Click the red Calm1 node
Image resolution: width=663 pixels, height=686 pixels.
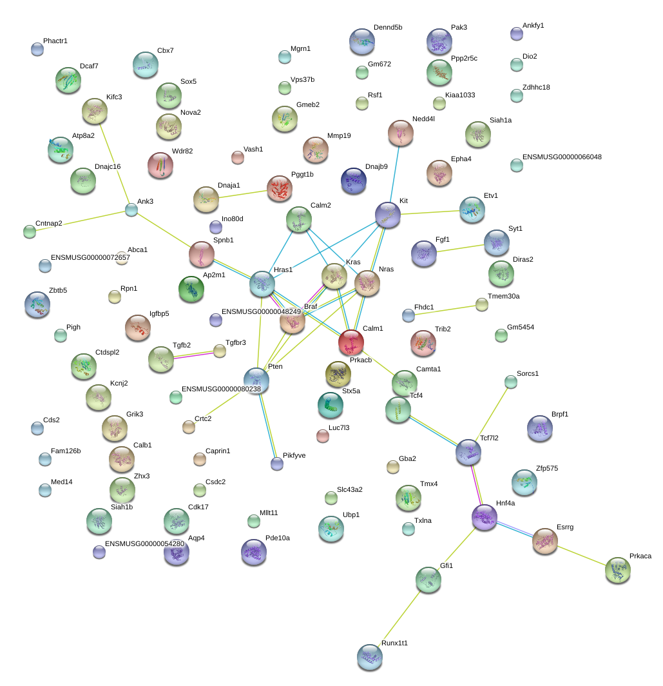click(x=351, y=342)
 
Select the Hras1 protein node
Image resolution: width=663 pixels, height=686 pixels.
click(x=262, y=284)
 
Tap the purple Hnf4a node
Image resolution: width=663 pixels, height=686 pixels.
click(x=484, y=517)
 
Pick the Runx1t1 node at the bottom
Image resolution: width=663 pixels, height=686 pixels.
click(x=370, y=657)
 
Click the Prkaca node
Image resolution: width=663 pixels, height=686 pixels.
click(x=617, y=570)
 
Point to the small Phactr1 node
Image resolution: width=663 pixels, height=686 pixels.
click(x=37, y=50)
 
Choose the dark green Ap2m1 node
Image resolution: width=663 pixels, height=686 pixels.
click(x=191, y=289)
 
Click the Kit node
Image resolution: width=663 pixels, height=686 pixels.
click(x=387, y=215)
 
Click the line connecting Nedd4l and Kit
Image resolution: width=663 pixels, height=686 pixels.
click(x=394, y=174)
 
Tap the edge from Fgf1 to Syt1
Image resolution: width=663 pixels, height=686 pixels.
click(x=461, y=248)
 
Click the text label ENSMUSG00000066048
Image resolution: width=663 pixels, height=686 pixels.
click(x=562, y=157)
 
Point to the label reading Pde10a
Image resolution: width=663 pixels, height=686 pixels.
click(x=278, y=538)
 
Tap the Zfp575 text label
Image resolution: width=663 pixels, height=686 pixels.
click(x=547, y=468)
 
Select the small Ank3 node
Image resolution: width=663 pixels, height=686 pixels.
click(x=131, y=210)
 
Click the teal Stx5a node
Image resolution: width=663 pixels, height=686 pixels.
click(x=330, y=405)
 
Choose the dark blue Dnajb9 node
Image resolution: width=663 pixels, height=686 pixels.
click(x=353, y=181)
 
